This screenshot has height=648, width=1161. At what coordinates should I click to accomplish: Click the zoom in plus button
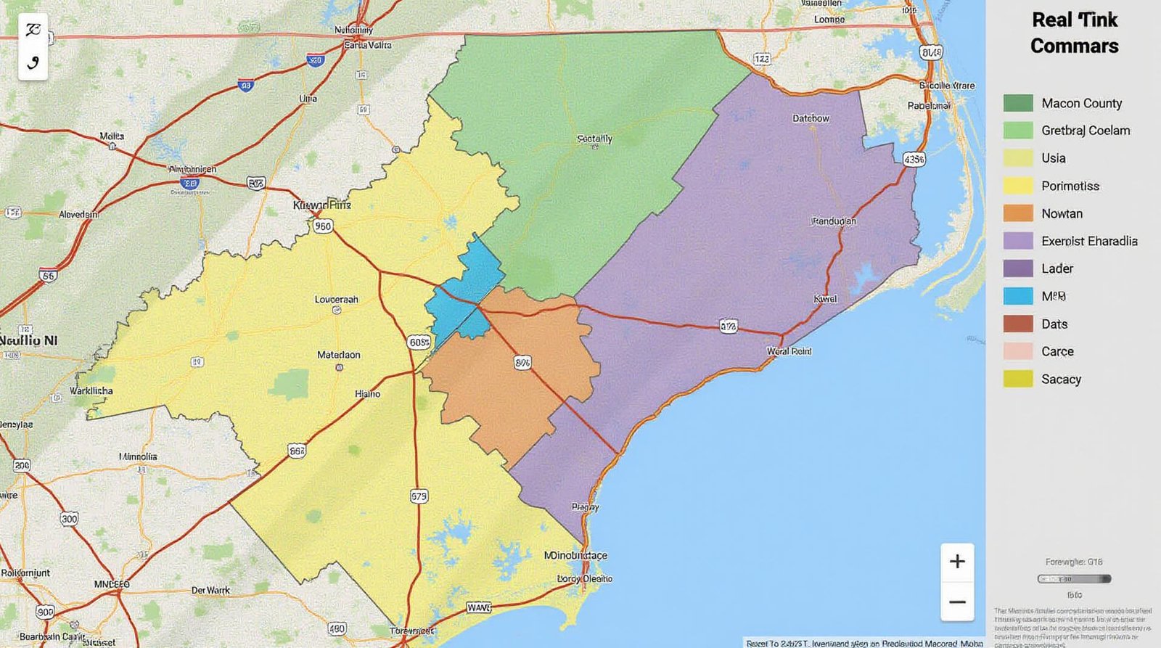(x=957, y=561)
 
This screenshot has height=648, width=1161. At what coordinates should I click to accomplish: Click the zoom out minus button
(x=957, y=602)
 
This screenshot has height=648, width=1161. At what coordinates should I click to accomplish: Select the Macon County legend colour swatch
(x=1018, y=103)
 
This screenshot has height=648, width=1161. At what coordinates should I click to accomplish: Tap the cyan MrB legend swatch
(x=1018, y=296)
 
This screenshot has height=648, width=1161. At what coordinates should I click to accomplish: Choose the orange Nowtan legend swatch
(x=1018, y=213)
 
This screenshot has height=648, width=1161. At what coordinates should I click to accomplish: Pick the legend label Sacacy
(x=1061, y=379)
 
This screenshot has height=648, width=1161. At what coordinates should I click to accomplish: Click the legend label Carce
(x=1057, y=351)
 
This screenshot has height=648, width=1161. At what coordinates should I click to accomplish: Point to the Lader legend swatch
(x=1018, y=268)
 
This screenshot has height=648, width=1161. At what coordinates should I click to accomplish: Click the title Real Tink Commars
(x=1075, y=33)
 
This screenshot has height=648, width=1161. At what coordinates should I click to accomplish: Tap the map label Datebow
(x=811, y=118)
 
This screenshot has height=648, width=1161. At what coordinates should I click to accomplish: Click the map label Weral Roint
(x=789, y=351)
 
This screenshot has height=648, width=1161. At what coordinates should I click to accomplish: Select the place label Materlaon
(x=339, y=355)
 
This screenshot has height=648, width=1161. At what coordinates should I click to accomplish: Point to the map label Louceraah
(x=337, y=299)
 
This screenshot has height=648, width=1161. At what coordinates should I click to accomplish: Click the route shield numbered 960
(x=323, y=226)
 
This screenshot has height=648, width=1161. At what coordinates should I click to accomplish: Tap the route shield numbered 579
(x=419, y=496)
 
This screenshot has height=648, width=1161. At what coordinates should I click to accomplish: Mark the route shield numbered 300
(x=69, y=519)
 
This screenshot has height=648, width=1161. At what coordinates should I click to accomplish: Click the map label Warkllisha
(x=91, y=390)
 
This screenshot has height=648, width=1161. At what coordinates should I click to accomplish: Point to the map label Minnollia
(x=138, y=456)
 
